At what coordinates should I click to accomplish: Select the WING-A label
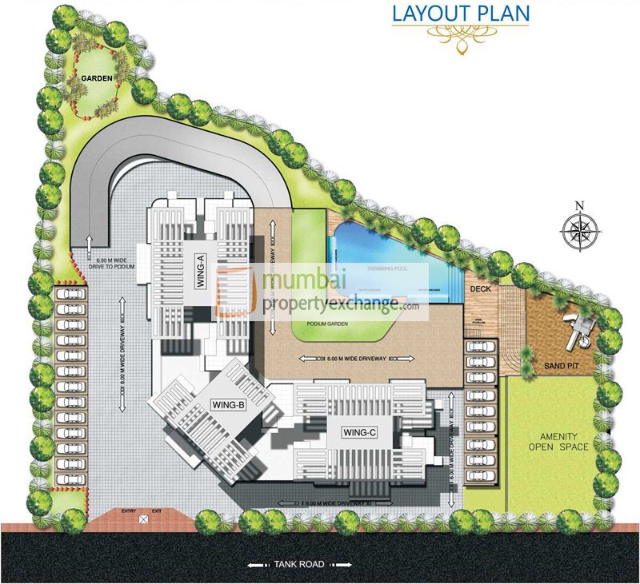coord(201,264)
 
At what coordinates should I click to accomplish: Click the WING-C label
coord(359,432)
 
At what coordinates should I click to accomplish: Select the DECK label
coord(480,288)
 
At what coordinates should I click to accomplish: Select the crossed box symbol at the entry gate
coord(142,519)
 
